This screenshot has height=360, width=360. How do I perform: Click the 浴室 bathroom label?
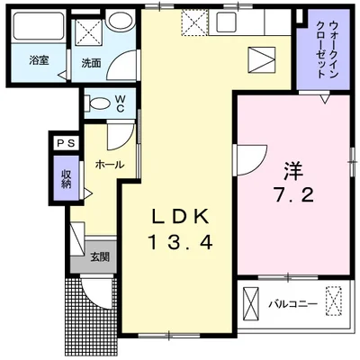click(39, 61)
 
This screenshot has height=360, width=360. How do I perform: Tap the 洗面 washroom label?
click(91, 63)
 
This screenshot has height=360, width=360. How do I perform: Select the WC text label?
click(120, 103)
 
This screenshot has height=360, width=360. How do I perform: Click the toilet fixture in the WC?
click(96, 103)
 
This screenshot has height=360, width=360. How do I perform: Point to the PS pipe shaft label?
click(66, 143)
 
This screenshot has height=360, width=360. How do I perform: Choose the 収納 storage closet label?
click(67, 179)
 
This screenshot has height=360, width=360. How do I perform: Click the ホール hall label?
click(110, 165)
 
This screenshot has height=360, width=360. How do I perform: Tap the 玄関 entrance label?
click(100, 257)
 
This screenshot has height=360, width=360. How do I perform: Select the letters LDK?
click(180, 216)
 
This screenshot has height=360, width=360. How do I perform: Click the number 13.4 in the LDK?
click(180, 242)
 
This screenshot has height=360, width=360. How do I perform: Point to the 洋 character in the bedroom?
click(293, 170)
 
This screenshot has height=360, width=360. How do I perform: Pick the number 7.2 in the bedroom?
click(293, 195)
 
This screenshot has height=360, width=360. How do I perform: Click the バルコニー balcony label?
click(292, 304)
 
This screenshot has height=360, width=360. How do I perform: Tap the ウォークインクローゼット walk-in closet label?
click(325, 49)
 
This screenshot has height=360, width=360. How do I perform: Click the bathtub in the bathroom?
click(39, 25)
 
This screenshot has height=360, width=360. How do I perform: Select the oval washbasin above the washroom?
click(120, 21)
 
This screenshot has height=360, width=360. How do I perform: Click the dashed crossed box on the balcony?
click(334, 301)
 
